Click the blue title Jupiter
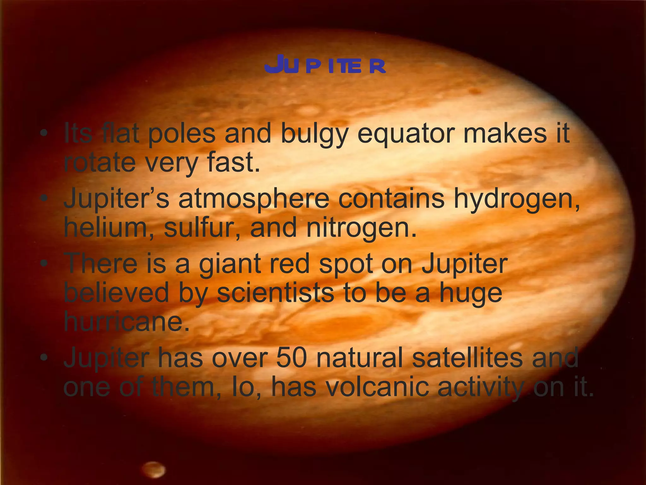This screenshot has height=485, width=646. point(325,65)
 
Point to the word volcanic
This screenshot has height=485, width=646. point(377,387)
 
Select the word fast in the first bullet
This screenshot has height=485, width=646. point(233,163)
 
